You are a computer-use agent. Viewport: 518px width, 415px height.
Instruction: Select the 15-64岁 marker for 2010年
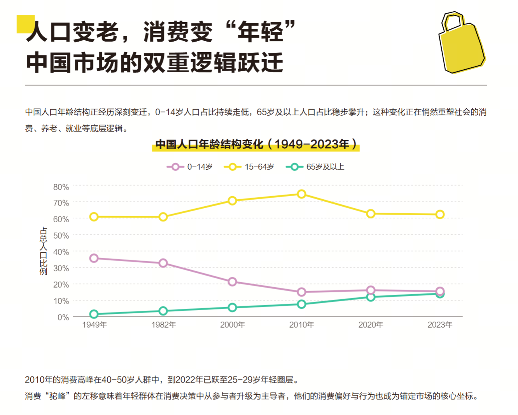[301, 194]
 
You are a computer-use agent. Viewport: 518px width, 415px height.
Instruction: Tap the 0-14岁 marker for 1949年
[94, 258]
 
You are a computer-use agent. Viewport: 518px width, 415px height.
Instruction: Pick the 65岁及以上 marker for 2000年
[232, 308]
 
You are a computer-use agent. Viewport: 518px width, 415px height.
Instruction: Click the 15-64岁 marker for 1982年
[163, 217]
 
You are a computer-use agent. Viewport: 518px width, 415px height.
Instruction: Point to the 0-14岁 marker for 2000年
[232, 281]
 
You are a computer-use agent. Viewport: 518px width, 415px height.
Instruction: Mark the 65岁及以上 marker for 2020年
[371, 297]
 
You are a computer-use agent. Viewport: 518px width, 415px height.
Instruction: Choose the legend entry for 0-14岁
[190, 167]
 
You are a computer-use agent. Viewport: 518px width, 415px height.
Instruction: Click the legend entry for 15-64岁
[249, 167]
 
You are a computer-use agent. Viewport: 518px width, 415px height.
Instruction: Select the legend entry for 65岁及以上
[315, 167]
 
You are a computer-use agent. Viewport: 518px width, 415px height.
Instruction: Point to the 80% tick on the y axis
[61, 187]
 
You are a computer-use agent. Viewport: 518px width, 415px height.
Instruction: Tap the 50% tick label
[61, 236]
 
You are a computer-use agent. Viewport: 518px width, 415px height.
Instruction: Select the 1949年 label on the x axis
[94, 325]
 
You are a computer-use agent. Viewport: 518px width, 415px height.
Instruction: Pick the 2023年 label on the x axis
[440, 325]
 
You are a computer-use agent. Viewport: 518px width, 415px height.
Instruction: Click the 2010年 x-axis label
[301, 325]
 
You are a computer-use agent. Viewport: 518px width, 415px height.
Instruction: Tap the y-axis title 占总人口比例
[43, 251]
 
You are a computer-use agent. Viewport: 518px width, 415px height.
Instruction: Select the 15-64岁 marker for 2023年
[440, 215]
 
